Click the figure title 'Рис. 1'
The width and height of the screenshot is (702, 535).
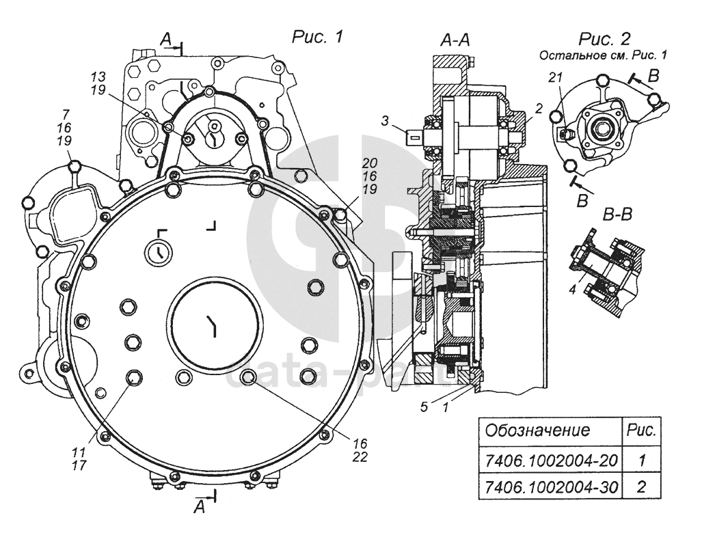click(317, 37)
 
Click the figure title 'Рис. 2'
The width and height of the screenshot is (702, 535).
click(604, 39)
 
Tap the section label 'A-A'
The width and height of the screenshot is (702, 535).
click(455, 40)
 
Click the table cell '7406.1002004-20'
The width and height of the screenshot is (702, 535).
click(551, 461)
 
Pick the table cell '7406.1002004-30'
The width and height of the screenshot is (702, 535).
click(551, 486)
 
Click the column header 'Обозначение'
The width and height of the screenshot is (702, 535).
click(537, 430)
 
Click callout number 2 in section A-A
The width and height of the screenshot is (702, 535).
click(539, 108)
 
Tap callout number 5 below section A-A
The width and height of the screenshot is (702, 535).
click(424, 407)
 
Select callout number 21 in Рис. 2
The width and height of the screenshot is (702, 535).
click(556, 78)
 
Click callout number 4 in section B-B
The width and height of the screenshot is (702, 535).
click(572, 290)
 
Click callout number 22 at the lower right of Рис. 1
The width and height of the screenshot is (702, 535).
click(360, 456)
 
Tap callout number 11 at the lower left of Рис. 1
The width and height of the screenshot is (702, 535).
click(79, 451)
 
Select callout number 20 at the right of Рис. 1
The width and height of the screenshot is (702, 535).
click(370, 162)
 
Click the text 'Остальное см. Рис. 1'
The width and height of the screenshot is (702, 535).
click(603, 55)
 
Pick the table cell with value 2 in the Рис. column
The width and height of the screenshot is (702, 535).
click(642, 486)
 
